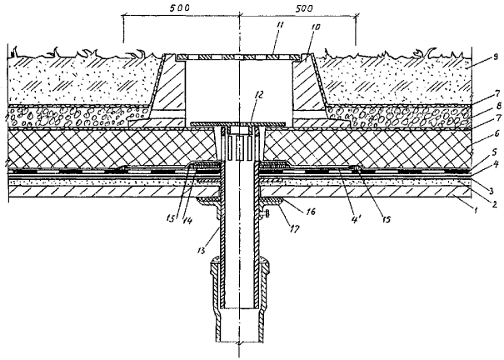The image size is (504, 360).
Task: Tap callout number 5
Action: pyautogui.click(x=495, y=177)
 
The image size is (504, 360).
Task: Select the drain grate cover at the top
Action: pyautogui.click(x=240, y=57)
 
